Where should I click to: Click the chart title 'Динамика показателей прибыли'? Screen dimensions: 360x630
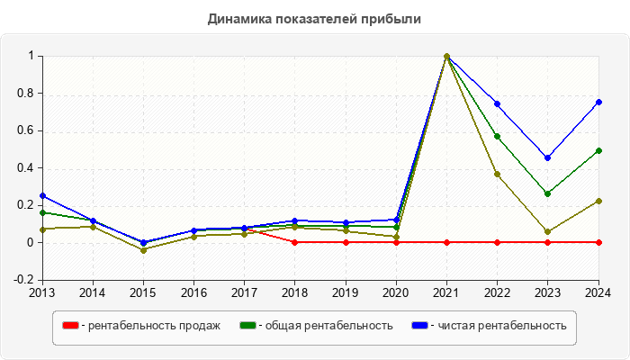click(314, 18)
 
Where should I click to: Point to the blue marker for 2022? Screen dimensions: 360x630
click(497, 103)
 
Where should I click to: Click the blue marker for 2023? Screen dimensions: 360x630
click(547, 157)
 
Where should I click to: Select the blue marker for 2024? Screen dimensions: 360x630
click(598, 102)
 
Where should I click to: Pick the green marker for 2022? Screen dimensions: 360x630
click(497, 136)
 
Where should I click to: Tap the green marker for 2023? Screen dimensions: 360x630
click(547, 193)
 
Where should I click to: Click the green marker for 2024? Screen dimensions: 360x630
click(598, 150)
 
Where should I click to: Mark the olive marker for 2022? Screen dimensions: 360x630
click(497, 174)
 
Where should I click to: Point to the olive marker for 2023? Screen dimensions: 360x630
click(547, 231)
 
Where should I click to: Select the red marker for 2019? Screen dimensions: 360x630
click(346, 242)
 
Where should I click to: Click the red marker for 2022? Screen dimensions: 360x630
click(497, 242)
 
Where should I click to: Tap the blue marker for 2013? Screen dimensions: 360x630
click(42, 195)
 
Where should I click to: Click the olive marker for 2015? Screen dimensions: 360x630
click(143, 249)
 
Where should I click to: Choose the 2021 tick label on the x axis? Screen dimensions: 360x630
click(446, 292)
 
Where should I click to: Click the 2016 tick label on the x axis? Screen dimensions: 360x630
click(193, 292)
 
